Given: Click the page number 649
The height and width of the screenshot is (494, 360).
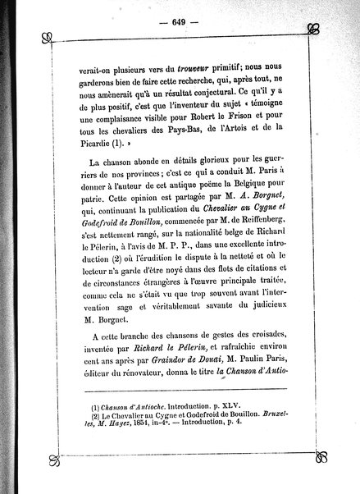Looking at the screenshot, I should pyautogui.click(x=180, y=22).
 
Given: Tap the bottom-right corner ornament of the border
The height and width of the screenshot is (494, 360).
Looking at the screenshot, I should pyautogui.click(x=311, y=467).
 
